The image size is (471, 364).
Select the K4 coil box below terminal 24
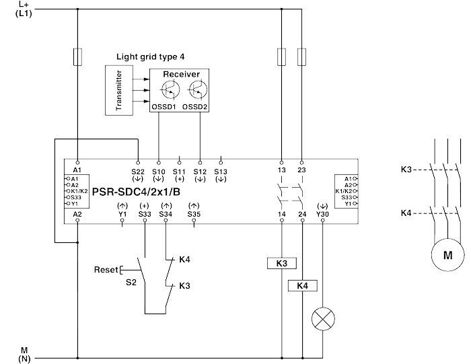pos(302,286)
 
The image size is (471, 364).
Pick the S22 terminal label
pos(137,172)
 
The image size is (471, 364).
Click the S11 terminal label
pos(179,172)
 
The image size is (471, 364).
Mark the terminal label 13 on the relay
pos(281,172)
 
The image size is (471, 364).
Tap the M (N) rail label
pos(24,354)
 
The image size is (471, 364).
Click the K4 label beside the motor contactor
pos(405,213)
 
